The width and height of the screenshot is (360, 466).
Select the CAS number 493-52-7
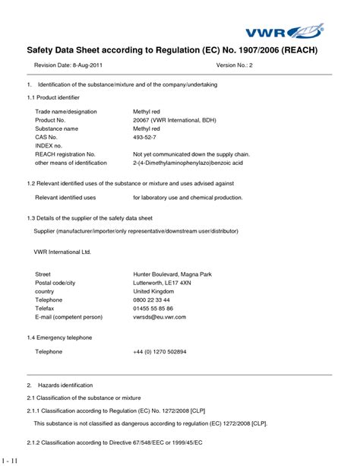[x=147, y=137]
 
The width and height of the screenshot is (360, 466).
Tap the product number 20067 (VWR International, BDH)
[x=174, y=120]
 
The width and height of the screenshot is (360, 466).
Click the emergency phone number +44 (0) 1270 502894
[x=159, y=352]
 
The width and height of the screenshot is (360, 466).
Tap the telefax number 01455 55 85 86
[x=153, y=309]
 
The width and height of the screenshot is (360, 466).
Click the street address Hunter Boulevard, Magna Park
[x=173, y=274]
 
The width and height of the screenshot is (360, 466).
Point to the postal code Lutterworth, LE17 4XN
[x=162, y=282]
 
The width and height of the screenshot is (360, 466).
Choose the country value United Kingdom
[x=154, y=291]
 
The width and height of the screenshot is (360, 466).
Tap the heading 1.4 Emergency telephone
[x=59, y=337]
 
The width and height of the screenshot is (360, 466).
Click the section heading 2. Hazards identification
[x=61, y=385]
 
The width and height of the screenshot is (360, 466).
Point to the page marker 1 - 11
[x=11, y=460]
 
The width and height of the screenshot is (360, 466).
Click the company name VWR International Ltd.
[x=62, y=251]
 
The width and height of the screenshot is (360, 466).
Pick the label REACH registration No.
[x=65, y=154]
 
